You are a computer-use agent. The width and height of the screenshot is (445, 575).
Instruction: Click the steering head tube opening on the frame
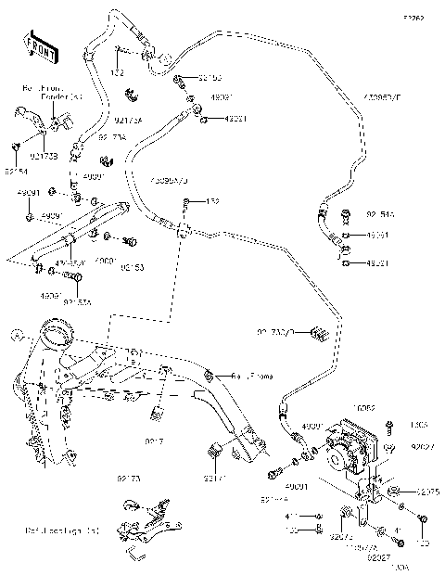pos(58,329)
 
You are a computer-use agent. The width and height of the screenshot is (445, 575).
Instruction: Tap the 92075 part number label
pos(427,491)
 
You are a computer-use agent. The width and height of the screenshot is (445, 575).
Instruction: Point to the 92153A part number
pos(78,300)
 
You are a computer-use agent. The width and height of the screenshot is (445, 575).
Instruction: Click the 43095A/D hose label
pos(171,179)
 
